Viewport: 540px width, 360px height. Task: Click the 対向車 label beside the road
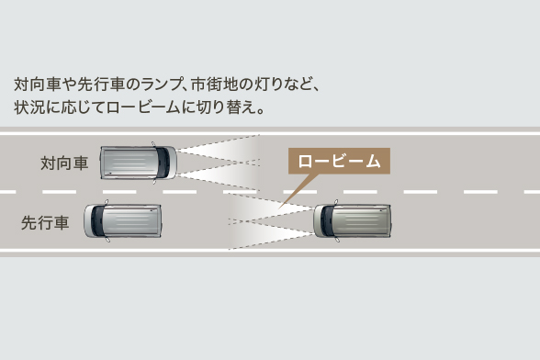(x=64, y=163)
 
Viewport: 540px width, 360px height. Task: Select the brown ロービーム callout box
(x=339, y=161)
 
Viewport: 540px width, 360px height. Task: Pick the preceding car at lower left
(x=123, y=221)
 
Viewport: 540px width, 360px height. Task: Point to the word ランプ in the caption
(x=162, y=84)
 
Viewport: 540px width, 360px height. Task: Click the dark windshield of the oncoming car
(x=165, y=163)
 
